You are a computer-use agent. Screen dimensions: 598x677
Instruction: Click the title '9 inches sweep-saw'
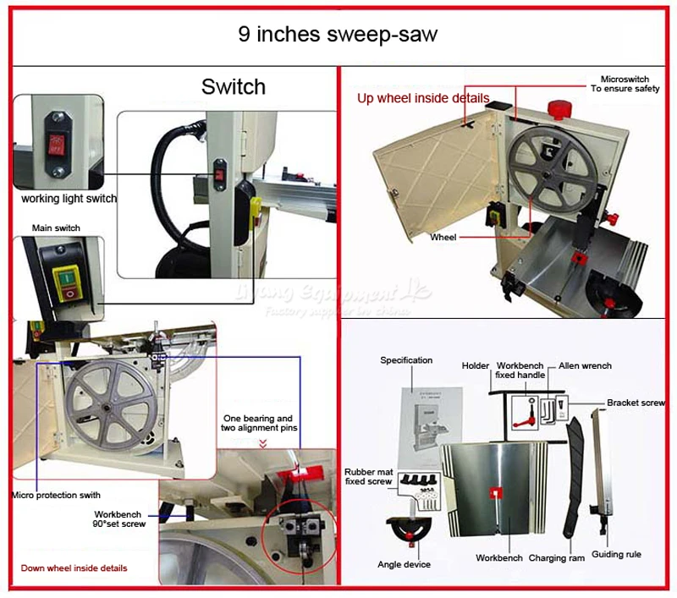(338, 36)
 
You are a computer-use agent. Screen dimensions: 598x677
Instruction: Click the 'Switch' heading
(234, 86)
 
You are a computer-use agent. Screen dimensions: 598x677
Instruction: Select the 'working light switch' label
(69, 199)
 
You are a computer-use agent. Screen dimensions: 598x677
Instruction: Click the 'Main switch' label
(57, 228)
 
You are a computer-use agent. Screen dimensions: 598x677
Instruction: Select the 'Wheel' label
(443, 238)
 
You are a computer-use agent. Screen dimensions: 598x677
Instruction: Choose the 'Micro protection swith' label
(55, 495)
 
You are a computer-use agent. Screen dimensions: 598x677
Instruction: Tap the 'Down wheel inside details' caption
(74, 568)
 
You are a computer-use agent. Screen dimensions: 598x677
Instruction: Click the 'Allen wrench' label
(585, 365)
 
